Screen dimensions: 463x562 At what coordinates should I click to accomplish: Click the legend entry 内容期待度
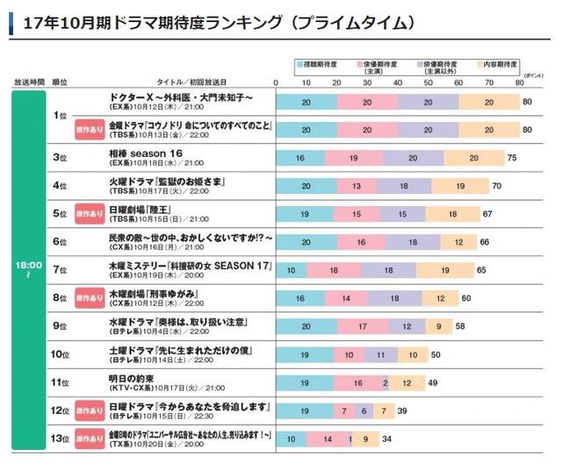[x=500, y=65]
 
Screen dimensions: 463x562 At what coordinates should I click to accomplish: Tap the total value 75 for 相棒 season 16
[x=512, y=158]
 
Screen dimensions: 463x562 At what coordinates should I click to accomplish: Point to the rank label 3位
[x=60, y=158]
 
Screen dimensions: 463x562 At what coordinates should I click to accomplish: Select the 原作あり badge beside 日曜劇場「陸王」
[x=90, y=213]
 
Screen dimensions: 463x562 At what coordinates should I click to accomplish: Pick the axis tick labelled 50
[x=429, y=82]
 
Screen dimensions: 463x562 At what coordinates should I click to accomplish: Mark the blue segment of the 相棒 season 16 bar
[x=300, y=158]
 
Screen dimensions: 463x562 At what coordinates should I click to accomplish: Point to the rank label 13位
[x=60, y=438]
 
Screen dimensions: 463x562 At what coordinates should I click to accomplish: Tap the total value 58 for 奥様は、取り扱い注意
[x=460, y=326]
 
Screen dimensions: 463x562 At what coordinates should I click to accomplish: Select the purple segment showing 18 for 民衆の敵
[x=413, y=242]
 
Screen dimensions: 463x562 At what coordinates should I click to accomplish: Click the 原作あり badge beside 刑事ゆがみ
[x=90, y=297]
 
